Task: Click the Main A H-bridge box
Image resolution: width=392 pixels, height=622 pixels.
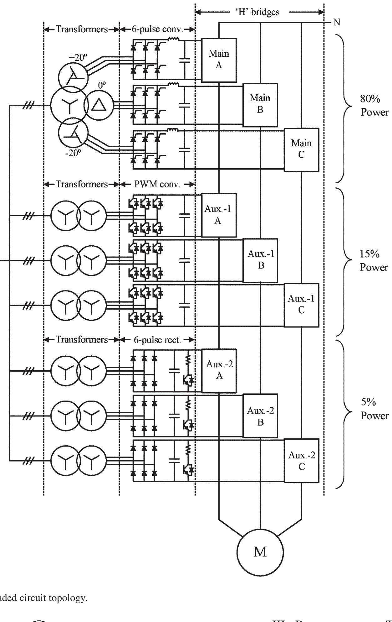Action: (219, 60)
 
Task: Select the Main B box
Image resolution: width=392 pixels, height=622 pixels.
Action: (260, 104)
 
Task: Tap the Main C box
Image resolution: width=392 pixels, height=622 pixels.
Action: (301, 149)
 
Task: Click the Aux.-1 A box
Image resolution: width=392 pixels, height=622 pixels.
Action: (218, 215)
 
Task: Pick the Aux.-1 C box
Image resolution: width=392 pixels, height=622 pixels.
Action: (301, 305)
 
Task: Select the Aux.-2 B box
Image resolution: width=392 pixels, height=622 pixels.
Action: (260, 416)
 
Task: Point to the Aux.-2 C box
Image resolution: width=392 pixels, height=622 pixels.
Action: (301, 461)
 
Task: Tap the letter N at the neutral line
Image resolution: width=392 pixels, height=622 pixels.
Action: (337, 23)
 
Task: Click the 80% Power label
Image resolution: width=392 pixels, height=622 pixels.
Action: (374, 106)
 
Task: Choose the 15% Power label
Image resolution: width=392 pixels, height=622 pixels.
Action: (374, 261)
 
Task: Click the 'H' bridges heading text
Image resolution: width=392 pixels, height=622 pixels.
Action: (258, 12)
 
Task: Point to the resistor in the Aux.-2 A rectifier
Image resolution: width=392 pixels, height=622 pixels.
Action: (188, 360)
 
